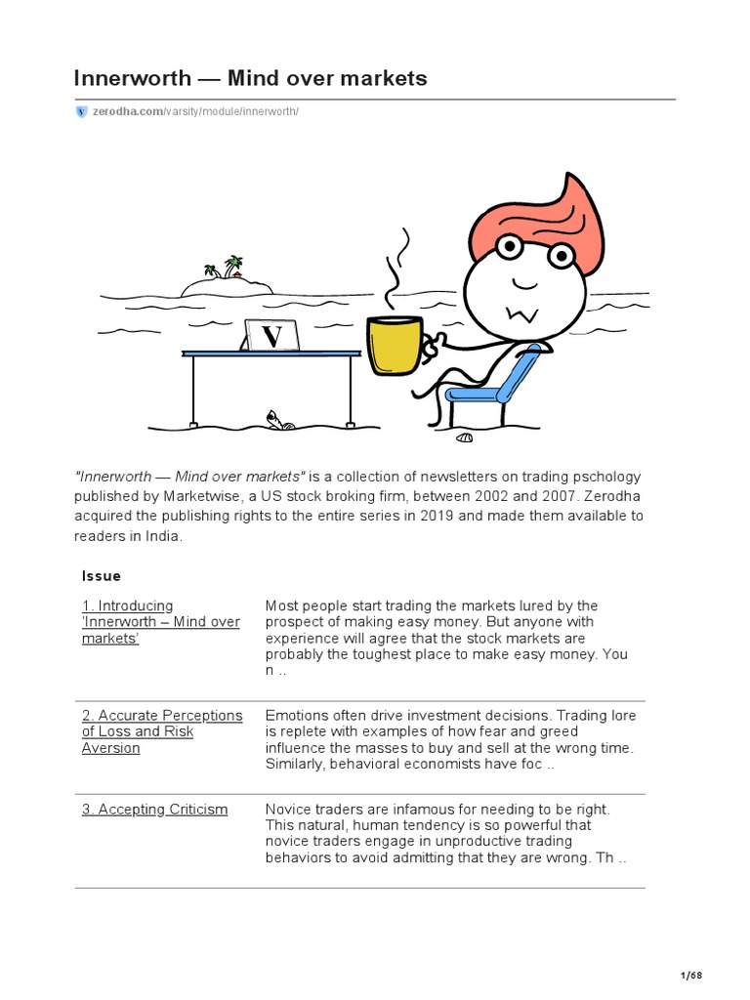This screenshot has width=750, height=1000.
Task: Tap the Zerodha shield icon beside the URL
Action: [x=81, y=112]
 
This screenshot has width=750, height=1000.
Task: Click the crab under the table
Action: [x=279, y=421]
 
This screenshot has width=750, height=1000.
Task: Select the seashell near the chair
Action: [x=464, y=437]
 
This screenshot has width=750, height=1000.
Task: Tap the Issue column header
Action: [x=102, y=576]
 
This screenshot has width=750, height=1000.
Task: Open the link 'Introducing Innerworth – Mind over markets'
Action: [x=160, y=622]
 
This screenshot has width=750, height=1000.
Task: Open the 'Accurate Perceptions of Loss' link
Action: [x=161, y=731]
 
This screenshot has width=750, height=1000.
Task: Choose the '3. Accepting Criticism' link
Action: [x=154, y=810]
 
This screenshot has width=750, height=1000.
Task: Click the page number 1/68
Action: [x=690, y=976]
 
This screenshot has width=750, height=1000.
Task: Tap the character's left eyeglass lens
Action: [x=507, y=245]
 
